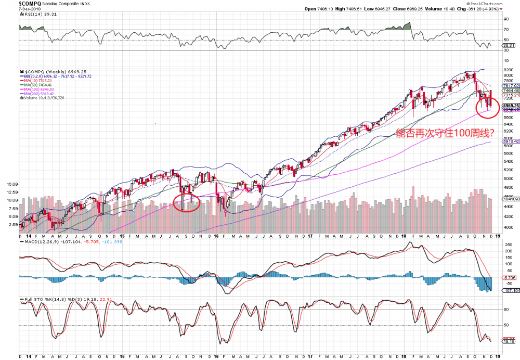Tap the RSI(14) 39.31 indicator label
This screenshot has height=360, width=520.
coord(34,15)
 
